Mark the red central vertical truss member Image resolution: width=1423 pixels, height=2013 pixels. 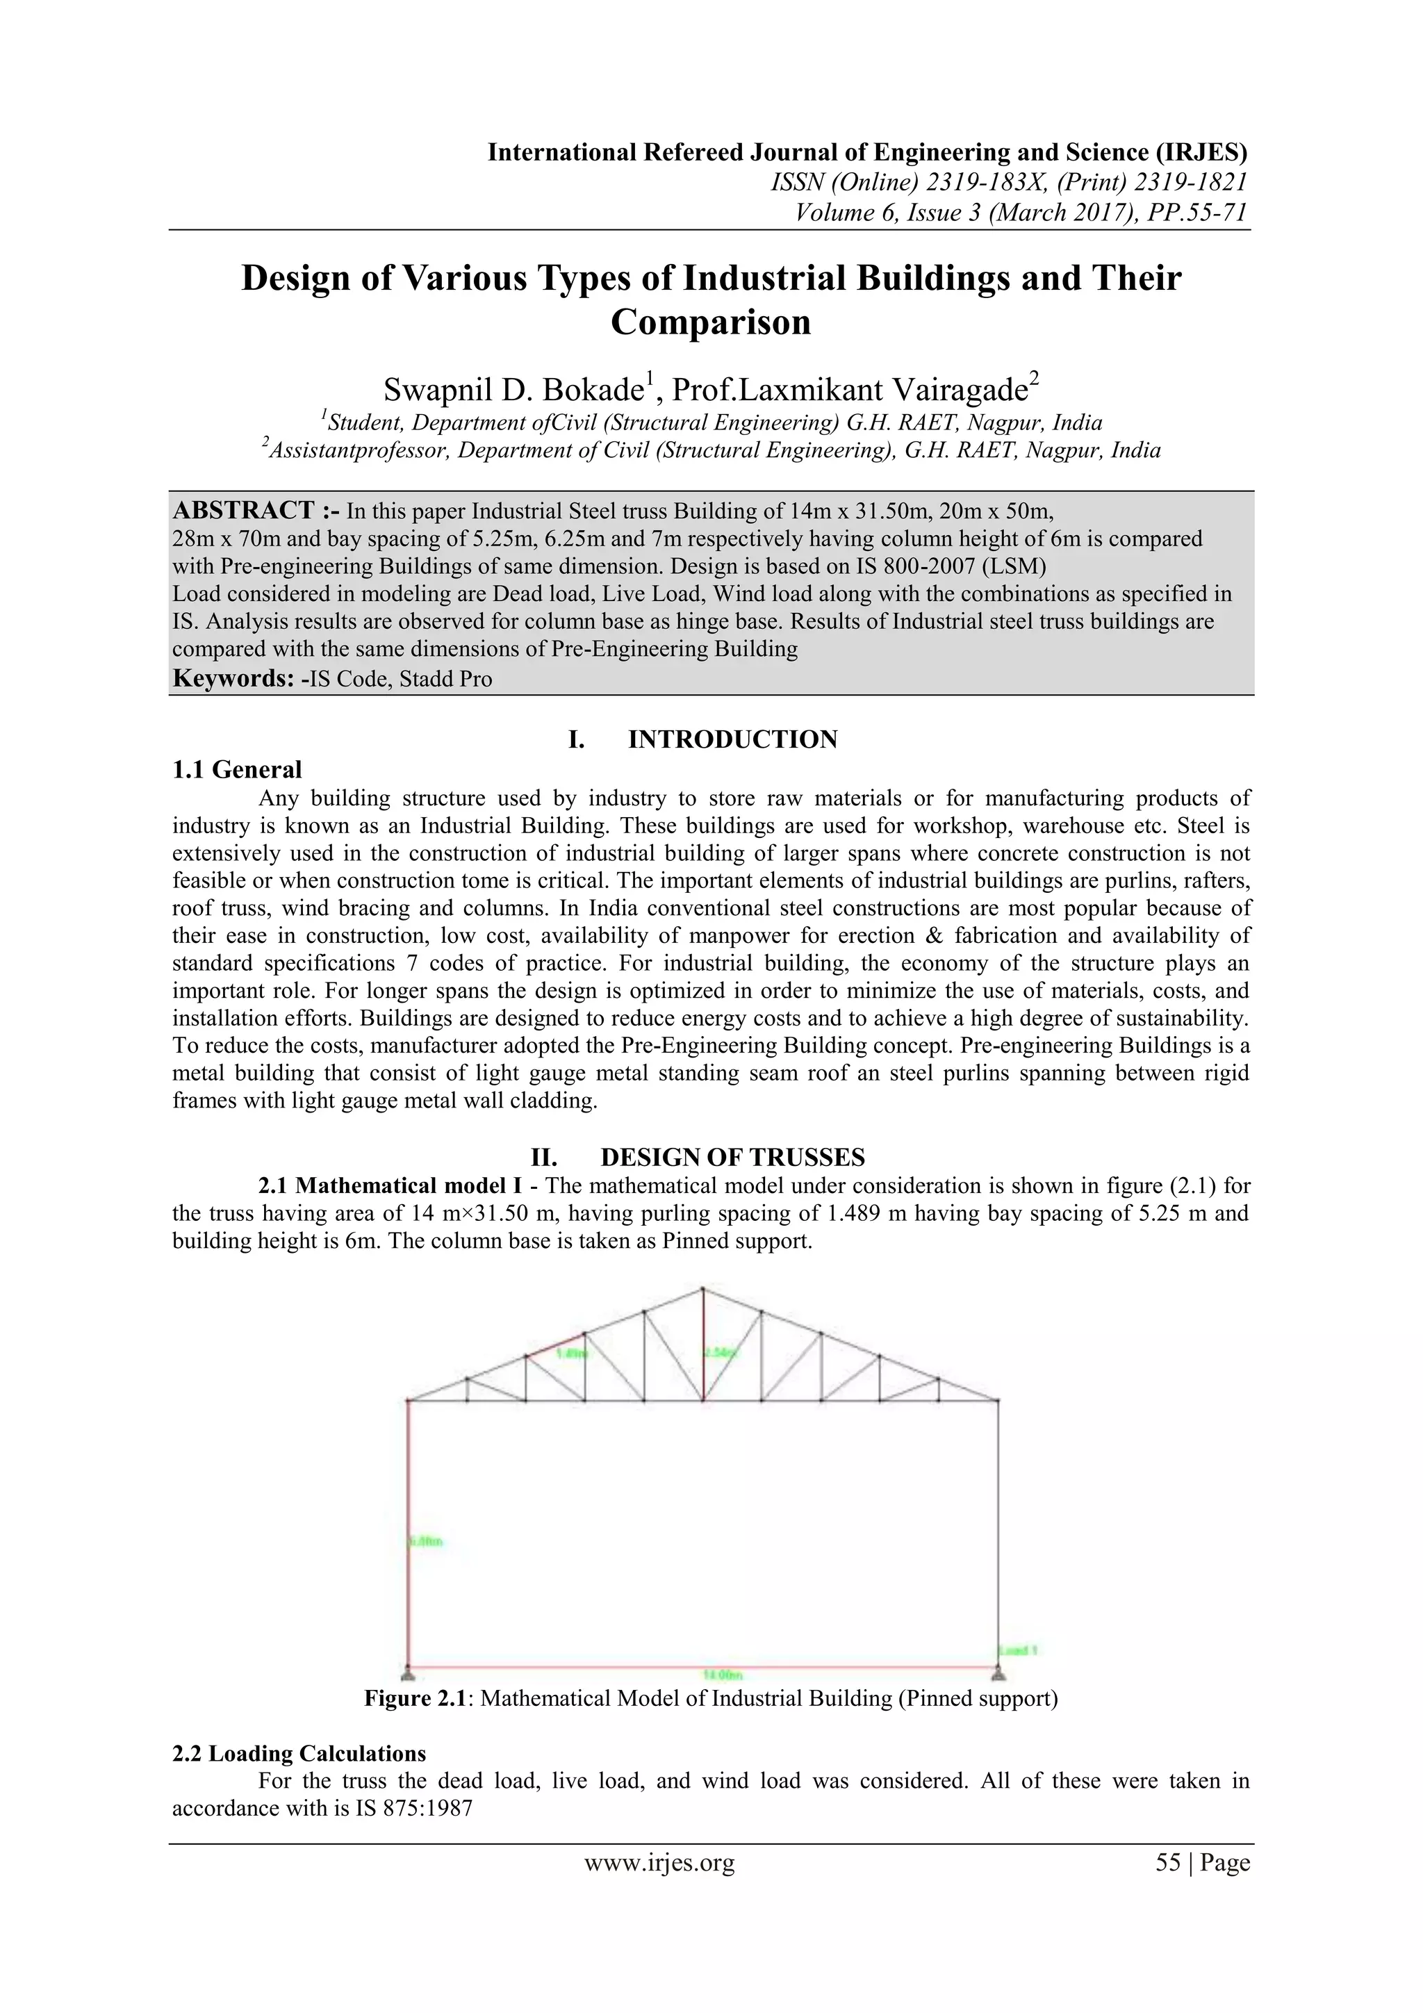pos(702,1346)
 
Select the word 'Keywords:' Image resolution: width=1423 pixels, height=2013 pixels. pos(232,679)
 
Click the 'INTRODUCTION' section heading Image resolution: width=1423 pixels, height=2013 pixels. pos(732,739)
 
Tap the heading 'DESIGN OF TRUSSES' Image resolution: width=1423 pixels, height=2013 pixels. pos(732,1158)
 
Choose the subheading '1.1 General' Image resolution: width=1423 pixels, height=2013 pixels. pos(237,770)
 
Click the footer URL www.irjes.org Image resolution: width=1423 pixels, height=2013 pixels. pos(659,1862)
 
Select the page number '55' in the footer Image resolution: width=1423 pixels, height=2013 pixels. pos(1168,1862)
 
